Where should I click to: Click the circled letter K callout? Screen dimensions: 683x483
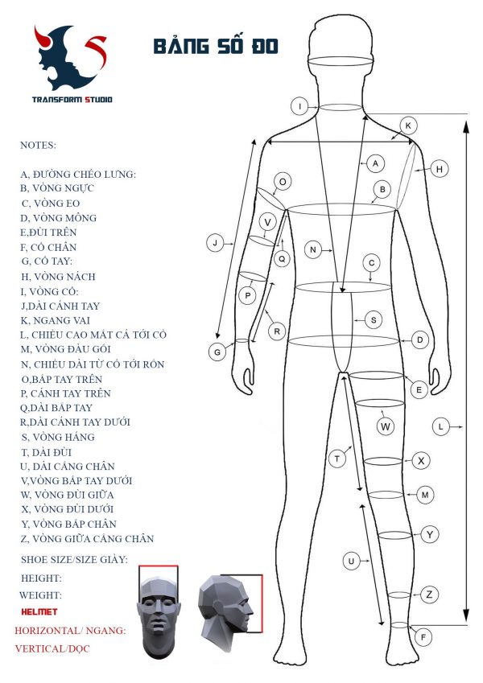pyautogui.click(x=408, y=125)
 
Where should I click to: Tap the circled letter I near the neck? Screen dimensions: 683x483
pyautogui.click(x=299, y=106)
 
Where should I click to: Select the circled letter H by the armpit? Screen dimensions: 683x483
pyautogui.click(x=439, y=169)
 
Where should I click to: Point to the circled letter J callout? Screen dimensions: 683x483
pyautogui.click(x=214, y=242)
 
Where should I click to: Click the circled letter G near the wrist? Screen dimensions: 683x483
pyautogui.click(x=217, y=352)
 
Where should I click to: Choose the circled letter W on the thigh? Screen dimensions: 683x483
pyautogui.click(x=386, y=426)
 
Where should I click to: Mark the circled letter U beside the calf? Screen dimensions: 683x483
pyautogui.click(x=350, y=560)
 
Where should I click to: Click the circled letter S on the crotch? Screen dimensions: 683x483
pyautogui.click(x=373, y=319)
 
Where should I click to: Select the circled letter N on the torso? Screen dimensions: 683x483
pyautogui.click(x=313, y=250)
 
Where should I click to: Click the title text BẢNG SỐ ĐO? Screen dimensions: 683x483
pyautogui.click(x=215, y=47)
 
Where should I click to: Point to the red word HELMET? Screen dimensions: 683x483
pyautogui.click(x=40, y=612)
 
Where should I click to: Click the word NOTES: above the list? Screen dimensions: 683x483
pyautogui.click(x=39, y=146)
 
